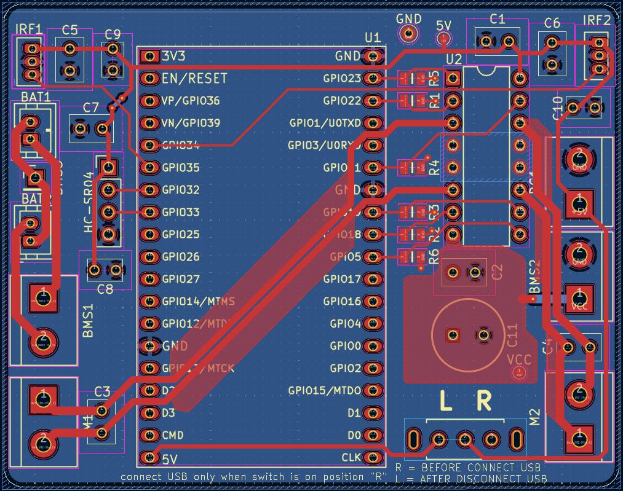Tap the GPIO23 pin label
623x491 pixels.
point(341,79)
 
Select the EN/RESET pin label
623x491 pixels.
point(194,79)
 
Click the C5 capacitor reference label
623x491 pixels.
point(69,30)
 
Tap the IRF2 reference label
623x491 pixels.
point(597,20)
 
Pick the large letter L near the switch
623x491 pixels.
point(446,401)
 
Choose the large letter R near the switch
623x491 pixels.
point(484,401)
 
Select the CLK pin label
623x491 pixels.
point(351,458)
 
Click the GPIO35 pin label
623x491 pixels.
point(181,168)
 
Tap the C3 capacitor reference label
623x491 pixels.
point(102,391)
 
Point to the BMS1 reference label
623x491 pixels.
point(88,320)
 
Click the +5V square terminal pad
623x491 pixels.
point(578,200)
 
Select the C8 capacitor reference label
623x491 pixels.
point(105,288)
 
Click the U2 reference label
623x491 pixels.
point(453,59)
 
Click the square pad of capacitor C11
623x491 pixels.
point(453,335)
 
